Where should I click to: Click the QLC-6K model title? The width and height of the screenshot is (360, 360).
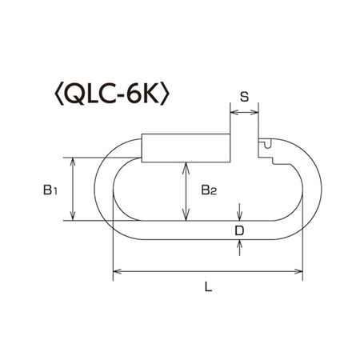click(112, 95)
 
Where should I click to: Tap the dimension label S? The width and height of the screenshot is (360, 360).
click(244, 97)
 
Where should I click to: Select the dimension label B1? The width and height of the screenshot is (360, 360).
click(50, 190)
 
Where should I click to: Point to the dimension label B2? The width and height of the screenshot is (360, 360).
click(209, 190)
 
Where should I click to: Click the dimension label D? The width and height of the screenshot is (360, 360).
click(239, 230)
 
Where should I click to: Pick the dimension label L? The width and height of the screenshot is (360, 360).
click(208, 286)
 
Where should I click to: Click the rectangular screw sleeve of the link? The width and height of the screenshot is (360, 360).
click(186, 148)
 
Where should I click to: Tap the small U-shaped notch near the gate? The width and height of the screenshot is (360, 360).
click(267, 144)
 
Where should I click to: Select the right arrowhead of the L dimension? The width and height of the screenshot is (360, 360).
click(298, 271)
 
